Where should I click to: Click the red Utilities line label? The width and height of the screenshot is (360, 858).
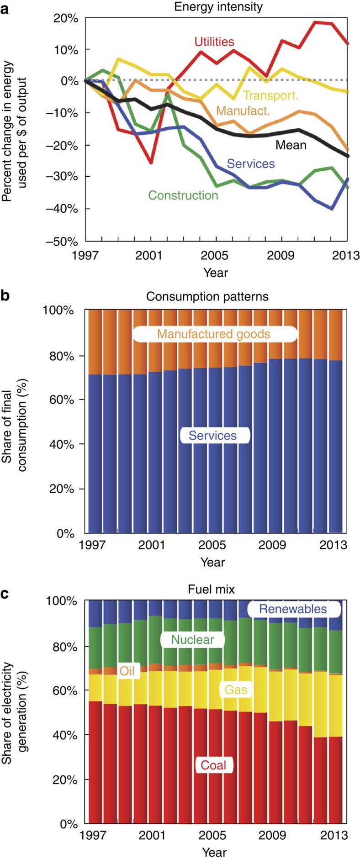click(x=214, y=42)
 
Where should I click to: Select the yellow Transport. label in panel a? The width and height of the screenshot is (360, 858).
click(x=270, y=95)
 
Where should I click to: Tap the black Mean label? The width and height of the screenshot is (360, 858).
click(x=291, y=145)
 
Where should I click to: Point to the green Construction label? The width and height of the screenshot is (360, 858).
click(x=183, y=195)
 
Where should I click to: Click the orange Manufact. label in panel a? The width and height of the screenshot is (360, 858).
click(x=243, y=111)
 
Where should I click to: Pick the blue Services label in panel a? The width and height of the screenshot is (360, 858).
click(x=251, y=164)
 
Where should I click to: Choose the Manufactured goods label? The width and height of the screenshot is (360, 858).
click(x=214, y=334)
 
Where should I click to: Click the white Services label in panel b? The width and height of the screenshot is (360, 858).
click(x=213, y=435)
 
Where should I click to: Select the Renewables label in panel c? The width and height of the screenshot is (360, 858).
click(x=293, y=609)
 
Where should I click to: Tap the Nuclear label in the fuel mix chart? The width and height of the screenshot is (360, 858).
click(x=192, y=639)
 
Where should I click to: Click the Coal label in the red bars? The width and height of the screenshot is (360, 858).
click(x=213, y=765)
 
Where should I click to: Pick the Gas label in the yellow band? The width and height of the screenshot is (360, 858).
click(x=236, y=689)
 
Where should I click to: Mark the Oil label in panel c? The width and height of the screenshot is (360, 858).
click(x=127, y=671)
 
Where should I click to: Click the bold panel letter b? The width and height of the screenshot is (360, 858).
click(x=5, y=297)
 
